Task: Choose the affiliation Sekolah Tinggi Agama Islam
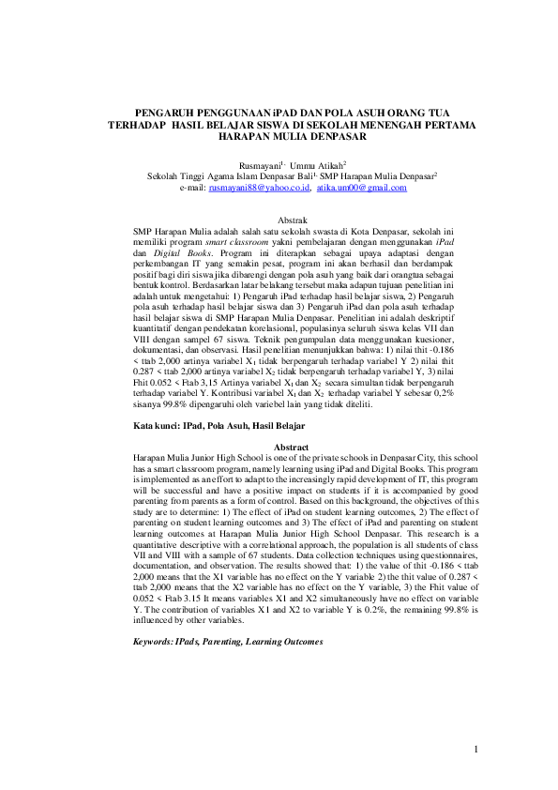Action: tap(199, 175)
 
